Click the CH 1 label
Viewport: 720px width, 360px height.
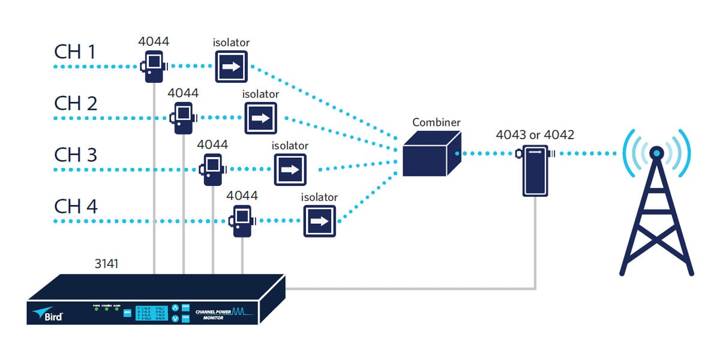(75, 52)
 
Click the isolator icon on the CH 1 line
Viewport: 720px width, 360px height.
(232, 67)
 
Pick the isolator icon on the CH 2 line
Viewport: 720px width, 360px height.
(260, 118)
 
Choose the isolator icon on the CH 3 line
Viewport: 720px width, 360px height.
(290, 170)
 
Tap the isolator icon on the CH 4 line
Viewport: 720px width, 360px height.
(319, 221)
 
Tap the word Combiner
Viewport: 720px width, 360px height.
(436, 122)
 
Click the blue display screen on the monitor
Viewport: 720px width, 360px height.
(152, 313)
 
